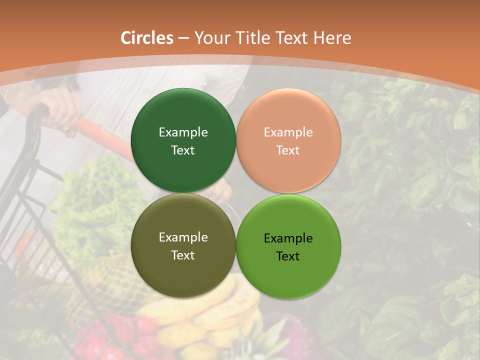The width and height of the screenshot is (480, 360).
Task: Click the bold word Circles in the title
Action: pyautogui.click(x=146, y=38)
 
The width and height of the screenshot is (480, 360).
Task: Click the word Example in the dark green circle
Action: pyautogui.click(x=183, y=132)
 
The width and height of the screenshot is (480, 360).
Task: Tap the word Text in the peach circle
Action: pyautogui.click(x=288, y=150)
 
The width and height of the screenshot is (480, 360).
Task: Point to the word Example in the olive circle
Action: pyautogui.click(x=183, y=237)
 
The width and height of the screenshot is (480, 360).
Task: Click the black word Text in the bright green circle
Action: pyautogui.click(x=288, y=256)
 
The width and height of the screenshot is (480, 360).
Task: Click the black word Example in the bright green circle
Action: pyautogui.click(x=288, y=238)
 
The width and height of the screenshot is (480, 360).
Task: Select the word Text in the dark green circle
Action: pyautogui.click(x=183, y=150)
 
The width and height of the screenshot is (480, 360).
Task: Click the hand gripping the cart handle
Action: pyautogui.click(x=60, y=107)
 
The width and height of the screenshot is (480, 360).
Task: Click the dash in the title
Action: pyautogui.click(x=183, y=38)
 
